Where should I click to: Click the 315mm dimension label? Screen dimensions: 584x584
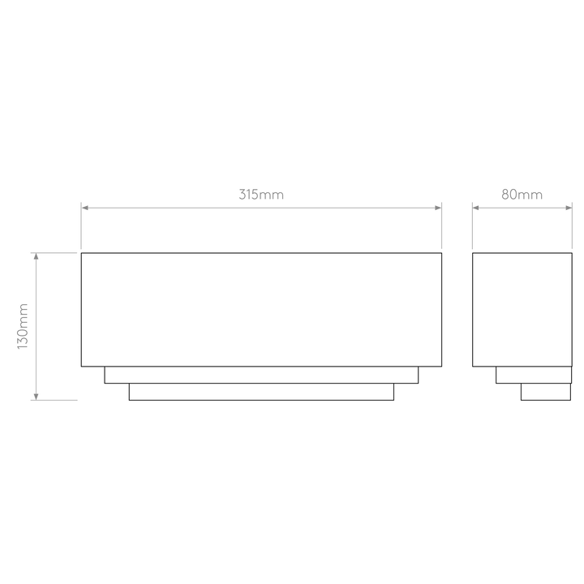point(261,195)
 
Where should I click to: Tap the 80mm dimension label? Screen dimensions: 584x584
point(522,195)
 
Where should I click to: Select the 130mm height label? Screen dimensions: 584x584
point(23,326)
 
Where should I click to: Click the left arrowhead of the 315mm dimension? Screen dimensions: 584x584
point(85,208)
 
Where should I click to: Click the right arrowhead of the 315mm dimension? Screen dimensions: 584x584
point(438,208)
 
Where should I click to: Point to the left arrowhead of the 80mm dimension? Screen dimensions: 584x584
point(476,208)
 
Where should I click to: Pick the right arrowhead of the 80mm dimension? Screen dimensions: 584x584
point(569,208)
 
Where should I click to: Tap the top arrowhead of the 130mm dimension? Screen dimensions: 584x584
point(36,256)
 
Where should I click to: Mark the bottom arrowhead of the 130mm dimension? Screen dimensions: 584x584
point(36,397)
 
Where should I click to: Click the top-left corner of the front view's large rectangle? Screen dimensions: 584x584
point(81,253)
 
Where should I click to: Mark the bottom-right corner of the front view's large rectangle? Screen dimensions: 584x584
point(442,367)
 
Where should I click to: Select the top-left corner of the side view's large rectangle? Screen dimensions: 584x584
point(473,253)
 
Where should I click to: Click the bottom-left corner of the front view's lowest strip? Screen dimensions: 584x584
point(129,401)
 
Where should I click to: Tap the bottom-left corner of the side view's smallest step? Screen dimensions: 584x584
point(521,401)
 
